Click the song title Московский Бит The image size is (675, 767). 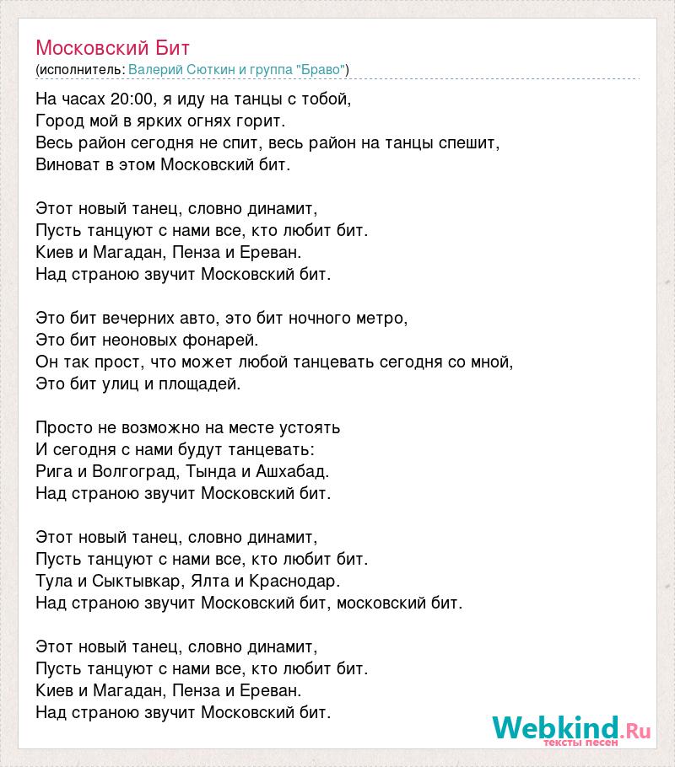pyautogui.click(x=113, y=46)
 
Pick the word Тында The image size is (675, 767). pyautogui.click(x=207, y=471)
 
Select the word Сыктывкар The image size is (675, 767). pyautogui.click(x=128, y=581)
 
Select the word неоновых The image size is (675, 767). pyautogui.click(x=142, y=340)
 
